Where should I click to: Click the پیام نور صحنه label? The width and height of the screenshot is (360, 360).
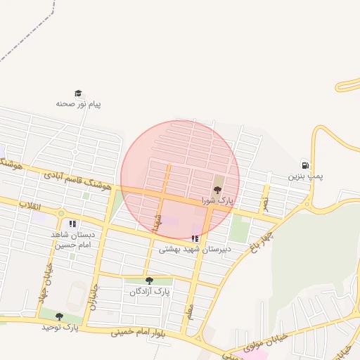click(x=79, y=104)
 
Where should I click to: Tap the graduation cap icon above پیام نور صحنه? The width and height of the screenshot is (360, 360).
click(x=78, y=93)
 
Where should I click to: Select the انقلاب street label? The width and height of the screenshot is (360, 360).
click(x=30, y=205)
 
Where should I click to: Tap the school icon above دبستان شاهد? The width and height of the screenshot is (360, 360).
click(x=73, y=225)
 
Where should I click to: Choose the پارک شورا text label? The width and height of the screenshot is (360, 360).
click(x=216, y=201)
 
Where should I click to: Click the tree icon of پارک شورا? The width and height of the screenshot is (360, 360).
click(x=217, y=190)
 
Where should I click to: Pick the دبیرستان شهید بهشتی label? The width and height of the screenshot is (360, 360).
click(x=195, y=249)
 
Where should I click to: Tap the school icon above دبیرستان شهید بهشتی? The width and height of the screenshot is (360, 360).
click(x=195, y=238)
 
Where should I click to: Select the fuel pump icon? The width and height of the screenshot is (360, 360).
click(x=304, y=164)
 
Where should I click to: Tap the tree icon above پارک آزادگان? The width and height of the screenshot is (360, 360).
click(x=148, y=281)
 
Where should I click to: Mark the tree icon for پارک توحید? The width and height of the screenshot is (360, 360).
click(x=59, y=316)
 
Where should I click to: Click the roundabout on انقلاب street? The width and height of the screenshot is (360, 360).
click(x=61, y=212)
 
